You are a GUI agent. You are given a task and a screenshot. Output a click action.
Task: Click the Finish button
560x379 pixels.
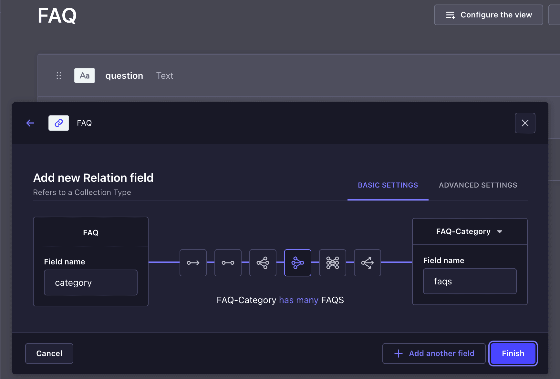coord(513,353)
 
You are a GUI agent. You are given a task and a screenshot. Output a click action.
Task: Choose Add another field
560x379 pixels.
coord(434,353)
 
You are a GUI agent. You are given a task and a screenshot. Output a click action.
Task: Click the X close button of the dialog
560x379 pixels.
coord(525,123)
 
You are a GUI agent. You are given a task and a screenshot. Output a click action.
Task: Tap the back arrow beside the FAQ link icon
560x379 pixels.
coord(30,123)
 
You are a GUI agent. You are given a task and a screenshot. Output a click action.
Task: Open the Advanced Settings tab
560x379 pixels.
coord(478,185)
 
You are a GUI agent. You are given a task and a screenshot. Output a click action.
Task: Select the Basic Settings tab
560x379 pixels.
coord(388,185)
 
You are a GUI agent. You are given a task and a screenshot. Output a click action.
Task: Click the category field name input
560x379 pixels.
coord(91,282)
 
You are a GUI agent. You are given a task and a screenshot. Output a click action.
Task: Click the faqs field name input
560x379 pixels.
coord(470,281)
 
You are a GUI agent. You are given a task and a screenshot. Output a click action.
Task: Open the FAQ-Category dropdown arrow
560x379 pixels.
coord(500,232)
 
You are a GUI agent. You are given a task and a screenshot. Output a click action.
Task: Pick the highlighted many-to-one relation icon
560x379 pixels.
coord(298,263)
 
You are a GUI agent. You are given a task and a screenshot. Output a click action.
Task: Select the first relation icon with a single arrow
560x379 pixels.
coord(193,263)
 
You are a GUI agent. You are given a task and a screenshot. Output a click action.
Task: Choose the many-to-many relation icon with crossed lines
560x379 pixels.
coord(333,263)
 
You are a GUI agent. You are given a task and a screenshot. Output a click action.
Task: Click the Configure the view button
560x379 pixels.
coord(488,15)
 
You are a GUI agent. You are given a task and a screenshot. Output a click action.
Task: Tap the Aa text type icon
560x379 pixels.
coord(85,76)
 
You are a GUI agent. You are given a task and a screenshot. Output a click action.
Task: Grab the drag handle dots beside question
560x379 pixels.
coord(59,76)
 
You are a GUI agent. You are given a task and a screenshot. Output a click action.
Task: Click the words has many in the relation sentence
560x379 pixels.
coord(299,300)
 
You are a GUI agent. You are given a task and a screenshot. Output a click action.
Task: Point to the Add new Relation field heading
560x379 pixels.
coord(93,178)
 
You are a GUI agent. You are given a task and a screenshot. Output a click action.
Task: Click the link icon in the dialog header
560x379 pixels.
coord(59,123)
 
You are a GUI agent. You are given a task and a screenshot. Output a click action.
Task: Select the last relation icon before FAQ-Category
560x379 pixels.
coord(368,263)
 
